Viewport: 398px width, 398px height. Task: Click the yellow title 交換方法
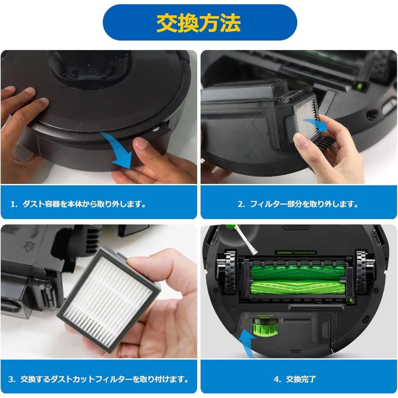tap(199, 23)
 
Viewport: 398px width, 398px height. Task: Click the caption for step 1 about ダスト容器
tap(78, 204)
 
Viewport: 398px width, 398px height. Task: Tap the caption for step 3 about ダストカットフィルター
tap(99, 379)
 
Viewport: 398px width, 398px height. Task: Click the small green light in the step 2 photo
tap(360, 86)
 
